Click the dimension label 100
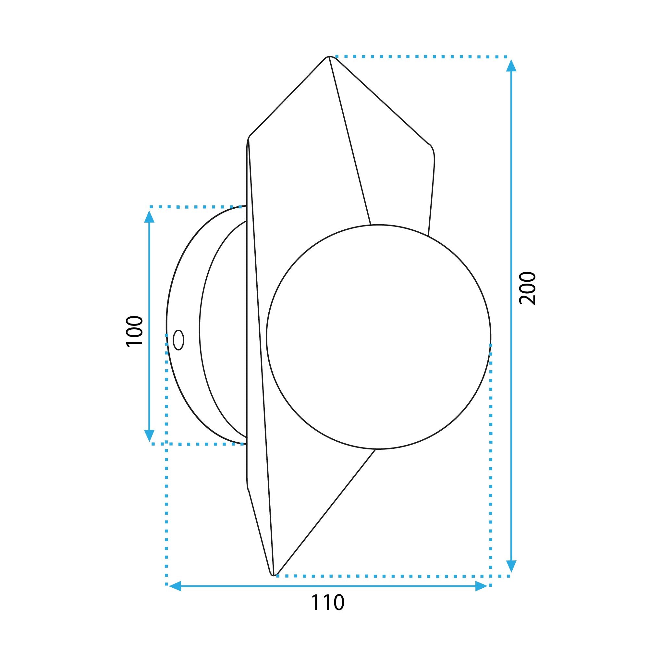134,331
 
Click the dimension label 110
327,612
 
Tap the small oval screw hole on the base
178,340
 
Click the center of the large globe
379,337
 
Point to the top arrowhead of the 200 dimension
511,66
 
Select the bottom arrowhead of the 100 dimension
149,436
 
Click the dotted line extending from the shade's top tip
420,57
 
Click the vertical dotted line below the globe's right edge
491,470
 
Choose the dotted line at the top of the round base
195,207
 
